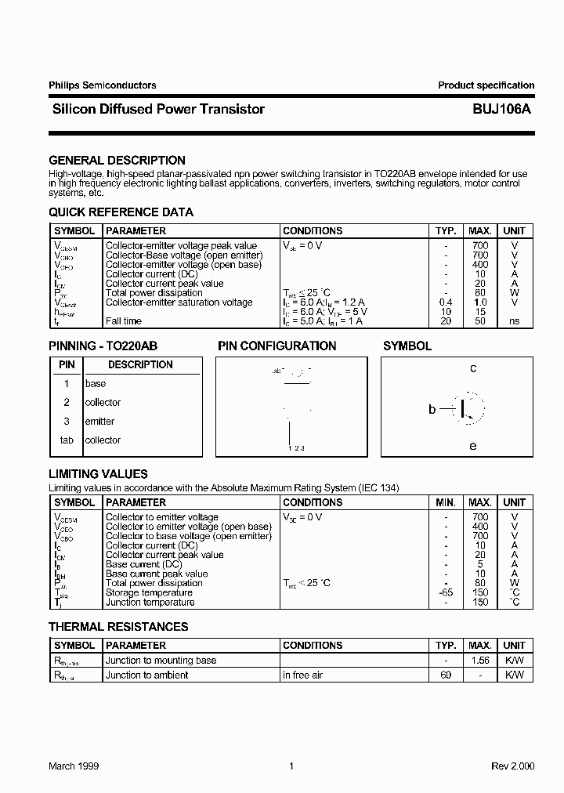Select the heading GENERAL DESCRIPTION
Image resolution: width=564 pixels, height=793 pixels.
click(117, 161)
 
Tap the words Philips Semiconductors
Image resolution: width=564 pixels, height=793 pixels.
click(102, 85)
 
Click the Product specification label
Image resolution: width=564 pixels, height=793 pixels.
click(486, 85)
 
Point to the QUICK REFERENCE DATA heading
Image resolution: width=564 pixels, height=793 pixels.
click(121, 212)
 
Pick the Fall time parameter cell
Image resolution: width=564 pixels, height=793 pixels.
click(124, 321)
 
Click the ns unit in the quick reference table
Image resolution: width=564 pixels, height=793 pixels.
click(514, 321)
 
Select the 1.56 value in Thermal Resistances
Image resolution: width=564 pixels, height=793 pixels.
click(480, 661)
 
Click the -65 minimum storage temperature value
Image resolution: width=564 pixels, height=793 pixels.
click(446, 592)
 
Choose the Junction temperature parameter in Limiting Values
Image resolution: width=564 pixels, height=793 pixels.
click(150, 602)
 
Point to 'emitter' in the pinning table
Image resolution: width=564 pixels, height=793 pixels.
click(99, 422)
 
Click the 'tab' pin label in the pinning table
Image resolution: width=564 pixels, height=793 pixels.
click(67, 440)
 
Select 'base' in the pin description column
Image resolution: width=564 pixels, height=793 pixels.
click(96, 384)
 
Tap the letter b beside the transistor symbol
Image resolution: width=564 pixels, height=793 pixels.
click(432, 409)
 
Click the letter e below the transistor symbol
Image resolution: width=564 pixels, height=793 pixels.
click(472, 446)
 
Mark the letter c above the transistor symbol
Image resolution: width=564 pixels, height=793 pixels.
click(473, 368)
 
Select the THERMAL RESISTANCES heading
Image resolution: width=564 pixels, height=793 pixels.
click(118, 627)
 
